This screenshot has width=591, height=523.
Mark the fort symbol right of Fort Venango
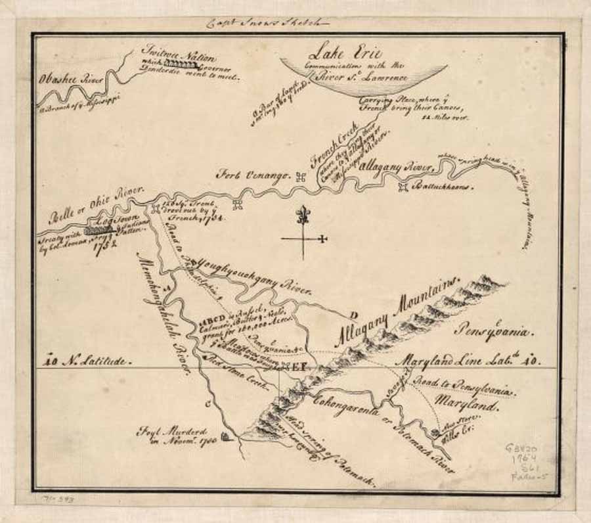pyautogui.click(x=301, y=176)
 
